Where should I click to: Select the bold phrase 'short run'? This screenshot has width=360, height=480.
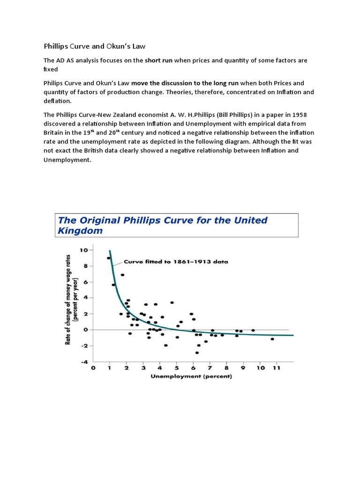(159, 61)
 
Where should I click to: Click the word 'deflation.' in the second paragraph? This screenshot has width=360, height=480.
(58, 101)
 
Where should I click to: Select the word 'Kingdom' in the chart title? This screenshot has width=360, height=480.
(80, 231)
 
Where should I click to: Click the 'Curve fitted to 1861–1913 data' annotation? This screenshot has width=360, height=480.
(176, 262)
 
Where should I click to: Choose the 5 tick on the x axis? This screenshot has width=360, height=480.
(177, 368)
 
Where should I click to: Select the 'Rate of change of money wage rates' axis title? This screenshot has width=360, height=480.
(68, 304)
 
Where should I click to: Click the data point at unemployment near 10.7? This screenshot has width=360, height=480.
(272, 339)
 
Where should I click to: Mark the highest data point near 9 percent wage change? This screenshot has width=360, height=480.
(109, 258)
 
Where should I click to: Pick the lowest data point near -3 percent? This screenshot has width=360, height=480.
(197, 352)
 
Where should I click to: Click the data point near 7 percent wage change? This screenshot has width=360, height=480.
(122, 275)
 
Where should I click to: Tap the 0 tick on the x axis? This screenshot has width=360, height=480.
(93, 368)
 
